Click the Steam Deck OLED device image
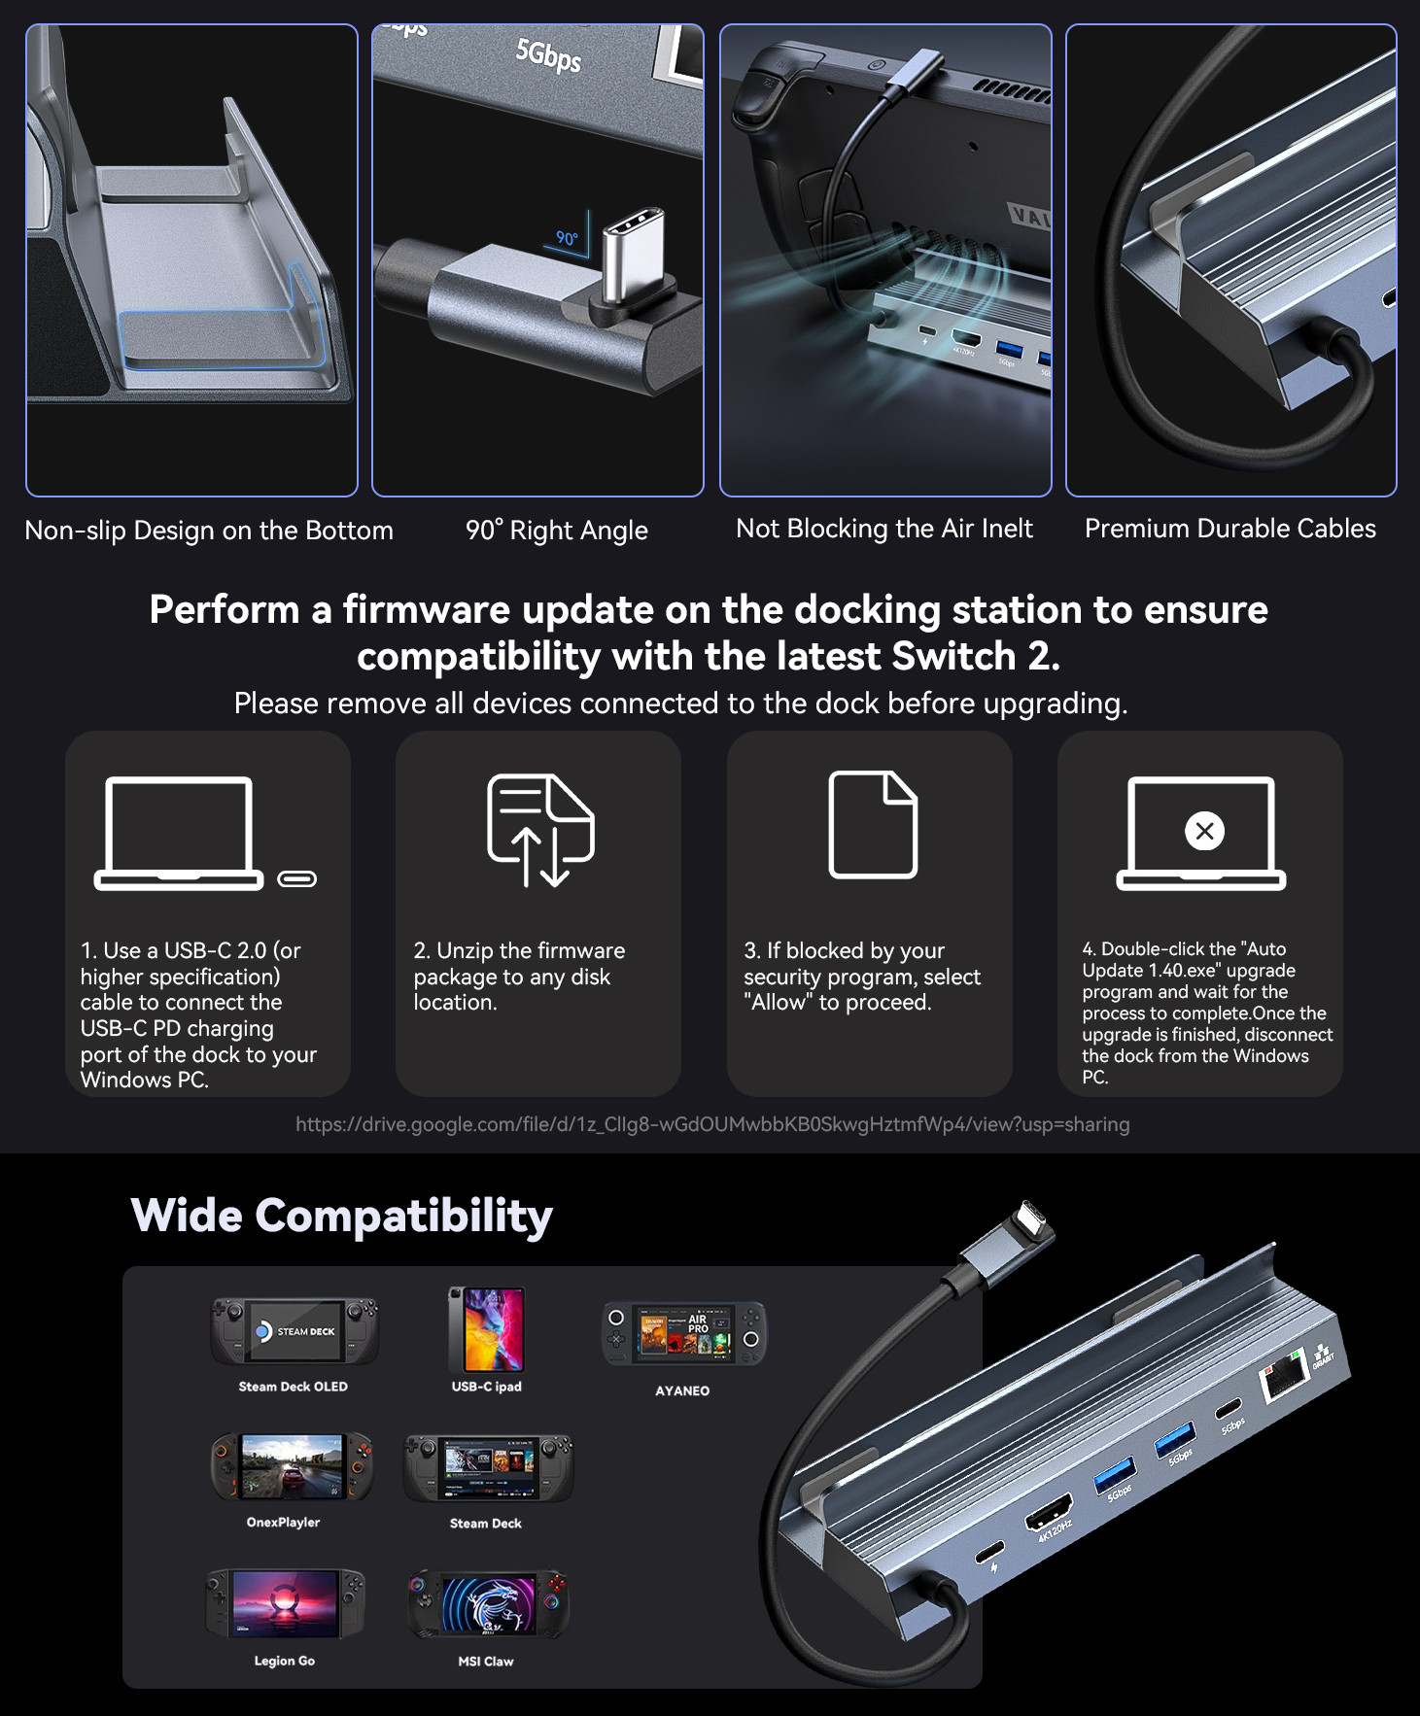(x=294, y=1330)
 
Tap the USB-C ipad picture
(x=486, y=1328)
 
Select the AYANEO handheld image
(x=683, y=1333)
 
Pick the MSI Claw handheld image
(x=487, y=1604)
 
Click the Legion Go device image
(x=285, y=1602)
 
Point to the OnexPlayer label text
(x=283, y=1522)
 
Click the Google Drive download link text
(x=711, y=1124)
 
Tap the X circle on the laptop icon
(x=1204, y=831)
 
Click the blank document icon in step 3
(x=872, y=825)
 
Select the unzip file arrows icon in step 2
(x=540, y=830)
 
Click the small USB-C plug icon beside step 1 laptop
(x=297, y=879)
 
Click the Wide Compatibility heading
(x=341, y=1216)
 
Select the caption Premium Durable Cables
(x=1230, y=529)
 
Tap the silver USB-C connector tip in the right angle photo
(x=634, y=255)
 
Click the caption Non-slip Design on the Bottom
(x=209, y=531)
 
